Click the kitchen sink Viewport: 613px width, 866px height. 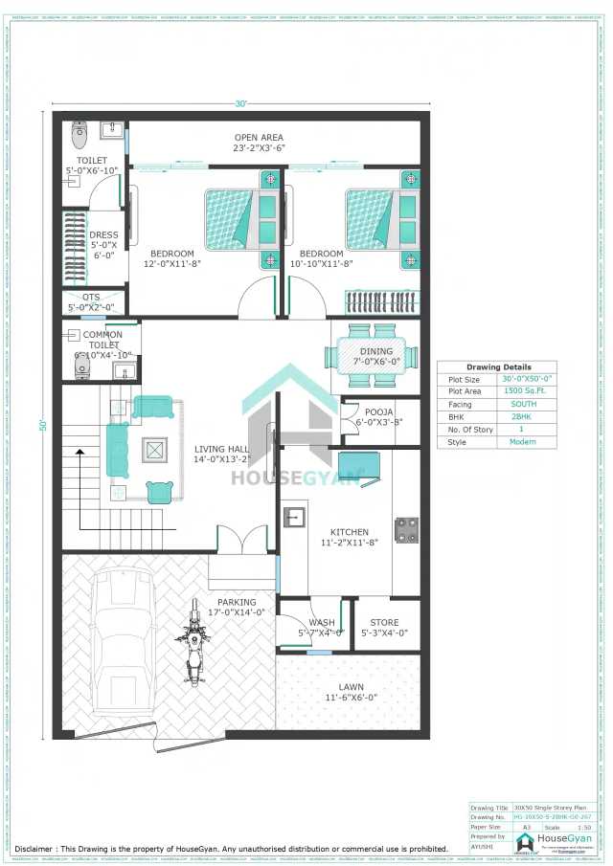293,518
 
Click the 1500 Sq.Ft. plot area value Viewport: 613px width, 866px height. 516,391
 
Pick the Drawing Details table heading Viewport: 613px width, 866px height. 498,367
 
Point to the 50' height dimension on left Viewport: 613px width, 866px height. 42,425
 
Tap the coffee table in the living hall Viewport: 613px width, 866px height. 153,448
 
